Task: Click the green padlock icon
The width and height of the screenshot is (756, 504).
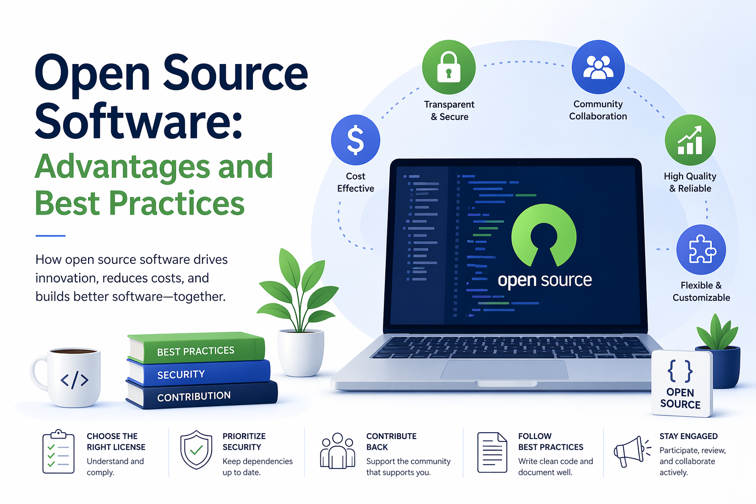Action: (449, 67)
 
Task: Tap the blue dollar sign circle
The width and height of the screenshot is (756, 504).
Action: (355, 140)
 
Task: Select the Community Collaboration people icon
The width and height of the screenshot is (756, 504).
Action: (598, 67)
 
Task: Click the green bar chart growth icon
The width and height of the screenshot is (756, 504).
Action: (690, 140)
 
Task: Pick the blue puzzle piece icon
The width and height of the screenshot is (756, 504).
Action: (701, 250)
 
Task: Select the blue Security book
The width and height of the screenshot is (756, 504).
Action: (199, 373)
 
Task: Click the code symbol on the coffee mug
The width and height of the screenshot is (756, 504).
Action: (74, 379)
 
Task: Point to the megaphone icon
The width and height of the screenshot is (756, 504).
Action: (630, 451)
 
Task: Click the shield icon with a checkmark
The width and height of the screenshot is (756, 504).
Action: (196, 450)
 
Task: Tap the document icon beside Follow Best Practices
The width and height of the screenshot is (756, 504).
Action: (492, 452)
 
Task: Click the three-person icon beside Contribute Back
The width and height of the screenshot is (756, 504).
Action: (337, 451)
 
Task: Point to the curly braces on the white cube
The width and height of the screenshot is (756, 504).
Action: (680, 371)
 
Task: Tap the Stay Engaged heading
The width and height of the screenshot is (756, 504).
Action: (688, 436)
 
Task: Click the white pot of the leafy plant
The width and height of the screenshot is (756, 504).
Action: (301, 351)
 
